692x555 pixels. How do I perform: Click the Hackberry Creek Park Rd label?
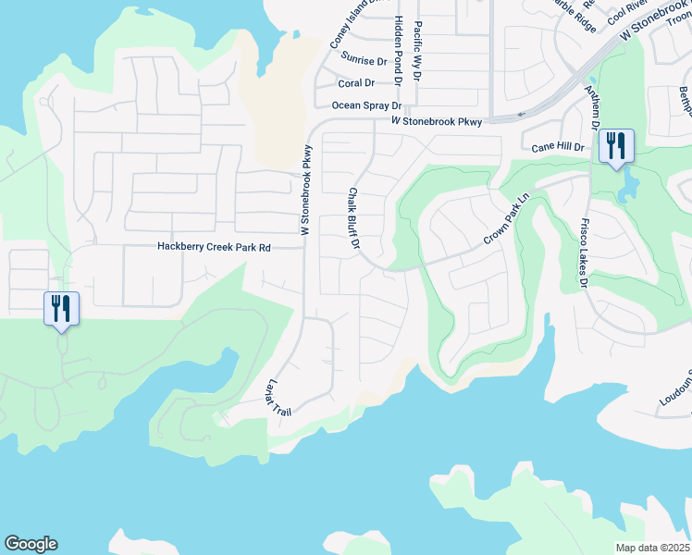(214, 247)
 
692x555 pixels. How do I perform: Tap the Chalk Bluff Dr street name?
(352, 219)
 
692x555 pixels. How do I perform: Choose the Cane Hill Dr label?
(559, 147)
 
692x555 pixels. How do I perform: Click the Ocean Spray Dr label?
(366, 105)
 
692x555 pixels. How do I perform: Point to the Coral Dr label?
(355, 83)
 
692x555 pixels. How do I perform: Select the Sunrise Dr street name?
(364, 60)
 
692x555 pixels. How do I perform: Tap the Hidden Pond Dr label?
(397, 51)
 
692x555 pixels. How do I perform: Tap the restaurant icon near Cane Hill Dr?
(615, 146)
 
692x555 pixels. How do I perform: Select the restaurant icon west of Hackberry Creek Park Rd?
(62, 308)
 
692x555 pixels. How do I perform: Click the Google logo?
(31, 544)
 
